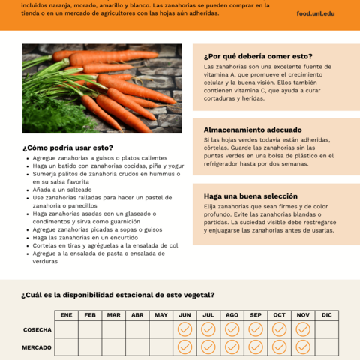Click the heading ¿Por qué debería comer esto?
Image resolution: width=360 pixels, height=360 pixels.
click(258, 56)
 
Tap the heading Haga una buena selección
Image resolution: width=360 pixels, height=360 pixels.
click(250, 196)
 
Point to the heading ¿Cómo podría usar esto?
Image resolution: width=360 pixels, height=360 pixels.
click(68, 148)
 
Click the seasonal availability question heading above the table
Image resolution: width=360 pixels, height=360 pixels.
click(118, 295)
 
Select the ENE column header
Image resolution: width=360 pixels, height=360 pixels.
click(66, 314)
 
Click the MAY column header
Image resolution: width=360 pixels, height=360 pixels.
click(161, 314)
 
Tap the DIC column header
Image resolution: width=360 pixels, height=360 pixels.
click(326, 314)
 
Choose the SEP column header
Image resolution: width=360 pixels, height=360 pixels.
click(256, 314)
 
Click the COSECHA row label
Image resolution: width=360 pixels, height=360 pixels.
click(37, 330)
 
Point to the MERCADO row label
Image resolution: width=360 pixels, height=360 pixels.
click(37, 347)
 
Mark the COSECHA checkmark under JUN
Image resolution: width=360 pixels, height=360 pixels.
click(184, 330)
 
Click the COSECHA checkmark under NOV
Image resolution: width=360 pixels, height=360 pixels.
click(303, 330)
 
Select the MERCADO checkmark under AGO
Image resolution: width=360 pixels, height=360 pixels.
click(232, 347)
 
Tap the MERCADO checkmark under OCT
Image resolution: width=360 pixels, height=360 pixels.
click(279, 347)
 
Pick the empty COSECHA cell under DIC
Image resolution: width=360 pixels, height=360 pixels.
click(326, 330)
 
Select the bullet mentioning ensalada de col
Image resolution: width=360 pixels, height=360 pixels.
click(105, 245)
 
